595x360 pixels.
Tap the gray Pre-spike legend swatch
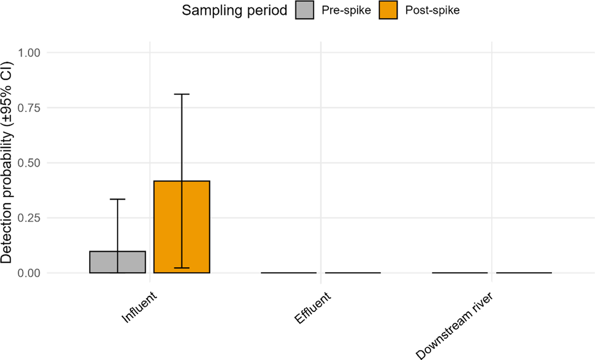(307, 10)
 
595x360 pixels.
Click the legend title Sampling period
(235, 10)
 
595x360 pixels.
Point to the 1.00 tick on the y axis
(31, 53)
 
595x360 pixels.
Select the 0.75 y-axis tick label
(31, 108)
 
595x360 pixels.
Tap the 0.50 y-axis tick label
(31, 163)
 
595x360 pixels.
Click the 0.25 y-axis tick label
(31, 218)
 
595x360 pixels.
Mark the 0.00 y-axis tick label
(31, 273)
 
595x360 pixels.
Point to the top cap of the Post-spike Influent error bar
(181, 94)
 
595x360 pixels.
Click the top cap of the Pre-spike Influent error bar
(118, 199)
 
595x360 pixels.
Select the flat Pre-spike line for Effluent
(289, 273)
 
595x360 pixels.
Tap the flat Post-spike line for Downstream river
(524, 273)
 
